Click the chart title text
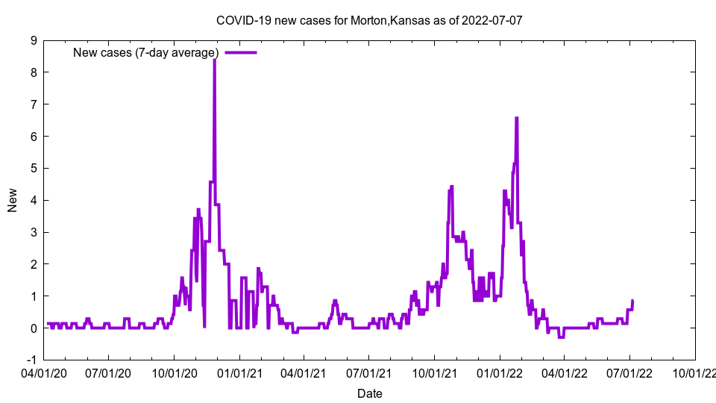pyautogui.click(x=368, y=20)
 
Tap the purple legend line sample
pyautogui.click(x=240, y=52)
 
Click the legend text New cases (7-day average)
pyautogui.click(x=145, y=52)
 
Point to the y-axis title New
pyautogui.click(x=13, y=200)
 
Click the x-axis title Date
pyautogui.click(x=369, y=393)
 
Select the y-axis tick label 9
pyautogui.click(x=34, y=41)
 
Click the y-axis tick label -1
pyautogui.click(x=32, y=360)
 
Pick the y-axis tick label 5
pyautogui.click(x=34, y=169)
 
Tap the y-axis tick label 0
pyautogui.click(x=34, y=328)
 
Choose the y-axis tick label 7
pyautogui.click(x=34, y=104)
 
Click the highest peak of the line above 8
pyautogui.click(x=215, y=60)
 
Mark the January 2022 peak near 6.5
pyautogui.click(x=516, y=118)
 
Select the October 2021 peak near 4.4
pyautogui.click(x=451, y=187)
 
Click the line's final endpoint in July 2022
pyautogui.click(x=632, y=301)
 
